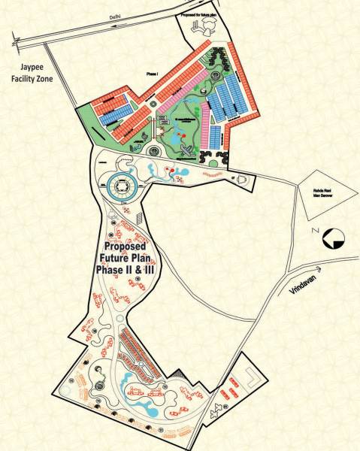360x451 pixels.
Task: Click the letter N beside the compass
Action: [316, 231]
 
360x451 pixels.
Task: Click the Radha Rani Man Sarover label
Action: [324, 195]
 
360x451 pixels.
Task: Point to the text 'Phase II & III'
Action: [128, 268]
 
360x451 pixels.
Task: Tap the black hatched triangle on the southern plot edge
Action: [177, 372]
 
